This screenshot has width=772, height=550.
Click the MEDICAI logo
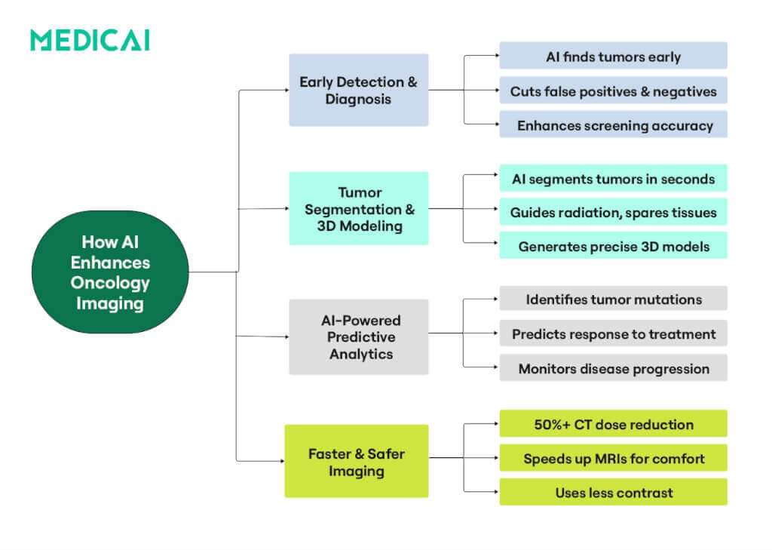[90, 40]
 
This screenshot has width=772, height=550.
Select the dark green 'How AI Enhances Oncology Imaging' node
[110, 272]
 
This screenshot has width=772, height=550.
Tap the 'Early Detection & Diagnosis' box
[358, 90]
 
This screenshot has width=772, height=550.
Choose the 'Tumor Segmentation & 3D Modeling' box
[358, 208]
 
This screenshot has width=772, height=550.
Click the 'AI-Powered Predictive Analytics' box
[358, 336]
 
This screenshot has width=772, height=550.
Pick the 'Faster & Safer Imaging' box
[356, 461]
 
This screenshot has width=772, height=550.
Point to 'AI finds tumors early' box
[613, 56]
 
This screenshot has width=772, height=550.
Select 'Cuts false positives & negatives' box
[613, 91]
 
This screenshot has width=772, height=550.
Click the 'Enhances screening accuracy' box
[613, 124]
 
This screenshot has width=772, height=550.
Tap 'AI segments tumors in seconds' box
[613, 178]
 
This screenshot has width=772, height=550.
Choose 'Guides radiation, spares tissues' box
[613, 212]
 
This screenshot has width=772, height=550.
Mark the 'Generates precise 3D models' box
[613, 246]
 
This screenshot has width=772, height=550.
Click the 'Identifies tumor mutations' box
[613, 299]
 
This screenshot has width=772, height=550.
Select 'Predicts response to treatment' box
[613, 333]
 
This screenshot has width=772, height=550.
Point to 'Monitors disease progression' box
[613, 367]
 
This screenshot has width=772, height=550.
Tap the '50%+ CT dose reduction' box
[613, 423]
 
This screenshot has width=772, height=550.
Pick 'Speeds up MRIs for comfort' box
[613, 457]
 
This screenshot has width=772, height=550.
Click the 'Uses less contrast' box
[613, 492]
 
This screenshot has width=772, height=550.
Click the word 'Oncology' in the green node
[110, 283]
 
